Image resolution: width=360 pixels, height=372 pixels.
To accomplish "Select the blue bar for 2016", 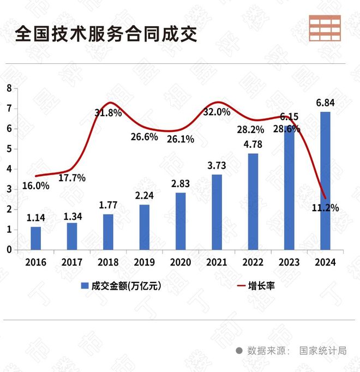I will pos(35,238).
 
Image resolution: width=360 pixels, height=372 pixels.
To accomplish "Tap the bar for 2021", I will pos(217,212).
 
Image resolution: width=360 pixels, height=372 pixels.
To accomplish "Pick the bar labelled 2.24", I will pos(144,227).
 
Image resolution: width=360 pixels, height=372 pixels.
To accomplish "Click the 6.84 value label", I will pos(325,103).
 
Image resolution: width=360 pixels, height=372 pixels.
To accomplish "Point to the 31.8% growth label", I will pos(107,113).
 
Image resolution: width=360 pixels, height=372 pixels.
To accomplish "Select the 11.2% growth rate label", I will pos(326,207).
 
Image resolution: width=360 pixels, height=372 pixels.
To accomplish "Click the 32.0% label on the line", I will pos(217,112).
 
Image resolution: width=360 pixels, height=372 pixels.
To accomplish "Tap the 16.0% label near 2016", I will pos(35,185).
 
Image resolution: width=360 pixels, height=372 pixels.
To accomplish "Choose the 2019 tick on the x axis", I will pos(144,262).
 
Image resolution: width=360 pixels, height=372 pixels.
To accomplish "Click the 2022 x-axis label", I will pos(253,262).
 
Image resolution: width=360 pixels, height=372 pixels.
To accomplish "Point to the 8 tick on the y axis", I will pos(9,88).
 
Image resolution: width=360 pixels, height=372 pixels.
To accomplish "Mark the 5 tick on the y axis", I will pos(9,148).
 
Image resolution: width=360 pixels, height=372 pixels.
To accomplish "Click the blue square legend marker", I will pos(85,286).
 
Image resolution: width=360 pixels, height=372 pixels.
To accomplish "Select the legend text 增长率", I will pos(261,286).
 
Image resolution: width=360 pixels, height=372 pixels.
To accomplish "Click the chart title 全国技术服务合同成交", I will pos(107,34).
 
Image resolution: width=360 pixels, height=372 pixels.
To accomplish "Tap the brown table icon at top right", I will pos(325,28).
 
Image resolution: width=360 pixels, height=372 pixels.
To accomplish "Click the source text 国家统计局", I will pos(322,351).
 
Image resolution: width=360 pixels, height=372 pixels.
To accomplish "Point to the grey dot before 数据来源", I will pos(239,351).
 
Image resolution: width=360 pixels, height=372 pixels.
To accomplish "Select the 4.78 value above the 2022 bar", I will pos(253,145).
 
